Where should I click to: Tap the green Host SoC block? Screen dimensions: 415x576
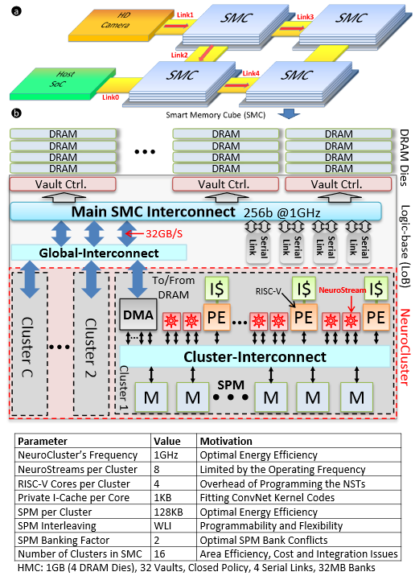pos(63,83)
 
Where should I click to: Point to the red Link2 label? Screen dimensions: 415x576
pos(179,55)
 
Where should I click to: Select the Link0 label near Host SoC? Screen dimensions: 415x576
pos(110,97)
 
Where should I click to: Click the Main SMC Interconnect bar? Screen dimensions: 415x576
pos(195,212)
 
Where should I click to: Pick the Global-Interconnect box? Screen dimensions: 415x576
pos(99,253)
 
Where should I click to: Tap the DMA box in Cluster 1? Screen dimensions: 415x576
pos(138,315)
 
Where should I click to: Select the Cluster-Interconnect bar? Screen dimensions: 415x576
pos(255,356)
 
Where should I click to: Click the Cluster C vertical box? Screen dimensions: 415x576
pos(30,344)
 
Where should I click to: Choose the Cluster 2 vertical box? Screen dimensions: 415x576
pos(91,344)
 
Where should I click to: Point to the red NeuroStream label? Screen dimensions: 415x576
pos(342,290)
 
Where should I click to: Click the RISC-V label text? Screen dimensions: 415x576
pos(268,291)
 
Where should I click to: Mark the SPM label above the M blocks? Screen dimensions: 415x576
pos(231,385)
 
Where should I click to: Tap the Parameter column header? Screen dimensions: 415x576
pos(43,441)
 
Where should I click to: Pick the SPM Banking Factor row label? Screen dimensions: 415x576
pos(64,540)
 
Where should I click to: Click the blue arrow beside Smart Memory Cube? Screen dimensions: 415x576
pos(289,113)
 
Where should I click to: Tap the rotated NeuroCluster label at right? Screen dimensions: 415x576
pos(404,348)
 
